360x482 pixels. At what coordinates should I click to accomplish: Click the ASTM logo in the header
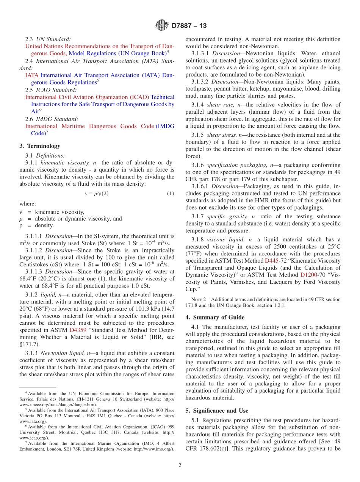coord(162,26)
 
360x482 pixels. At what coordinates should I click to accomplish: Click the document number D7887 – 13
coord(189,26)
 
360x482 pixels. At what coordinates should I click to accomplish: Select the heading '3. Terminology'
coord(40,146)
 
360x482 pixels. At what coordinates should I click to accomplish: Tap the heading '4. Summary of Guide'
coord(215,317)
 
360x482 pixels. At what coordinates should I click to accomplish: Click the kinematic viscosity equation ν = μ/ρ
coord(97,194)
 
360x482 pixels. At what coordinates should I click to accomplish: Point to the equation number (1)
coord(171,194)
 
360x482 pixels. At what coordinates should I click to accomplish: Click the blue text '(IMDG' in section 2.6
coord(165,126)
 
